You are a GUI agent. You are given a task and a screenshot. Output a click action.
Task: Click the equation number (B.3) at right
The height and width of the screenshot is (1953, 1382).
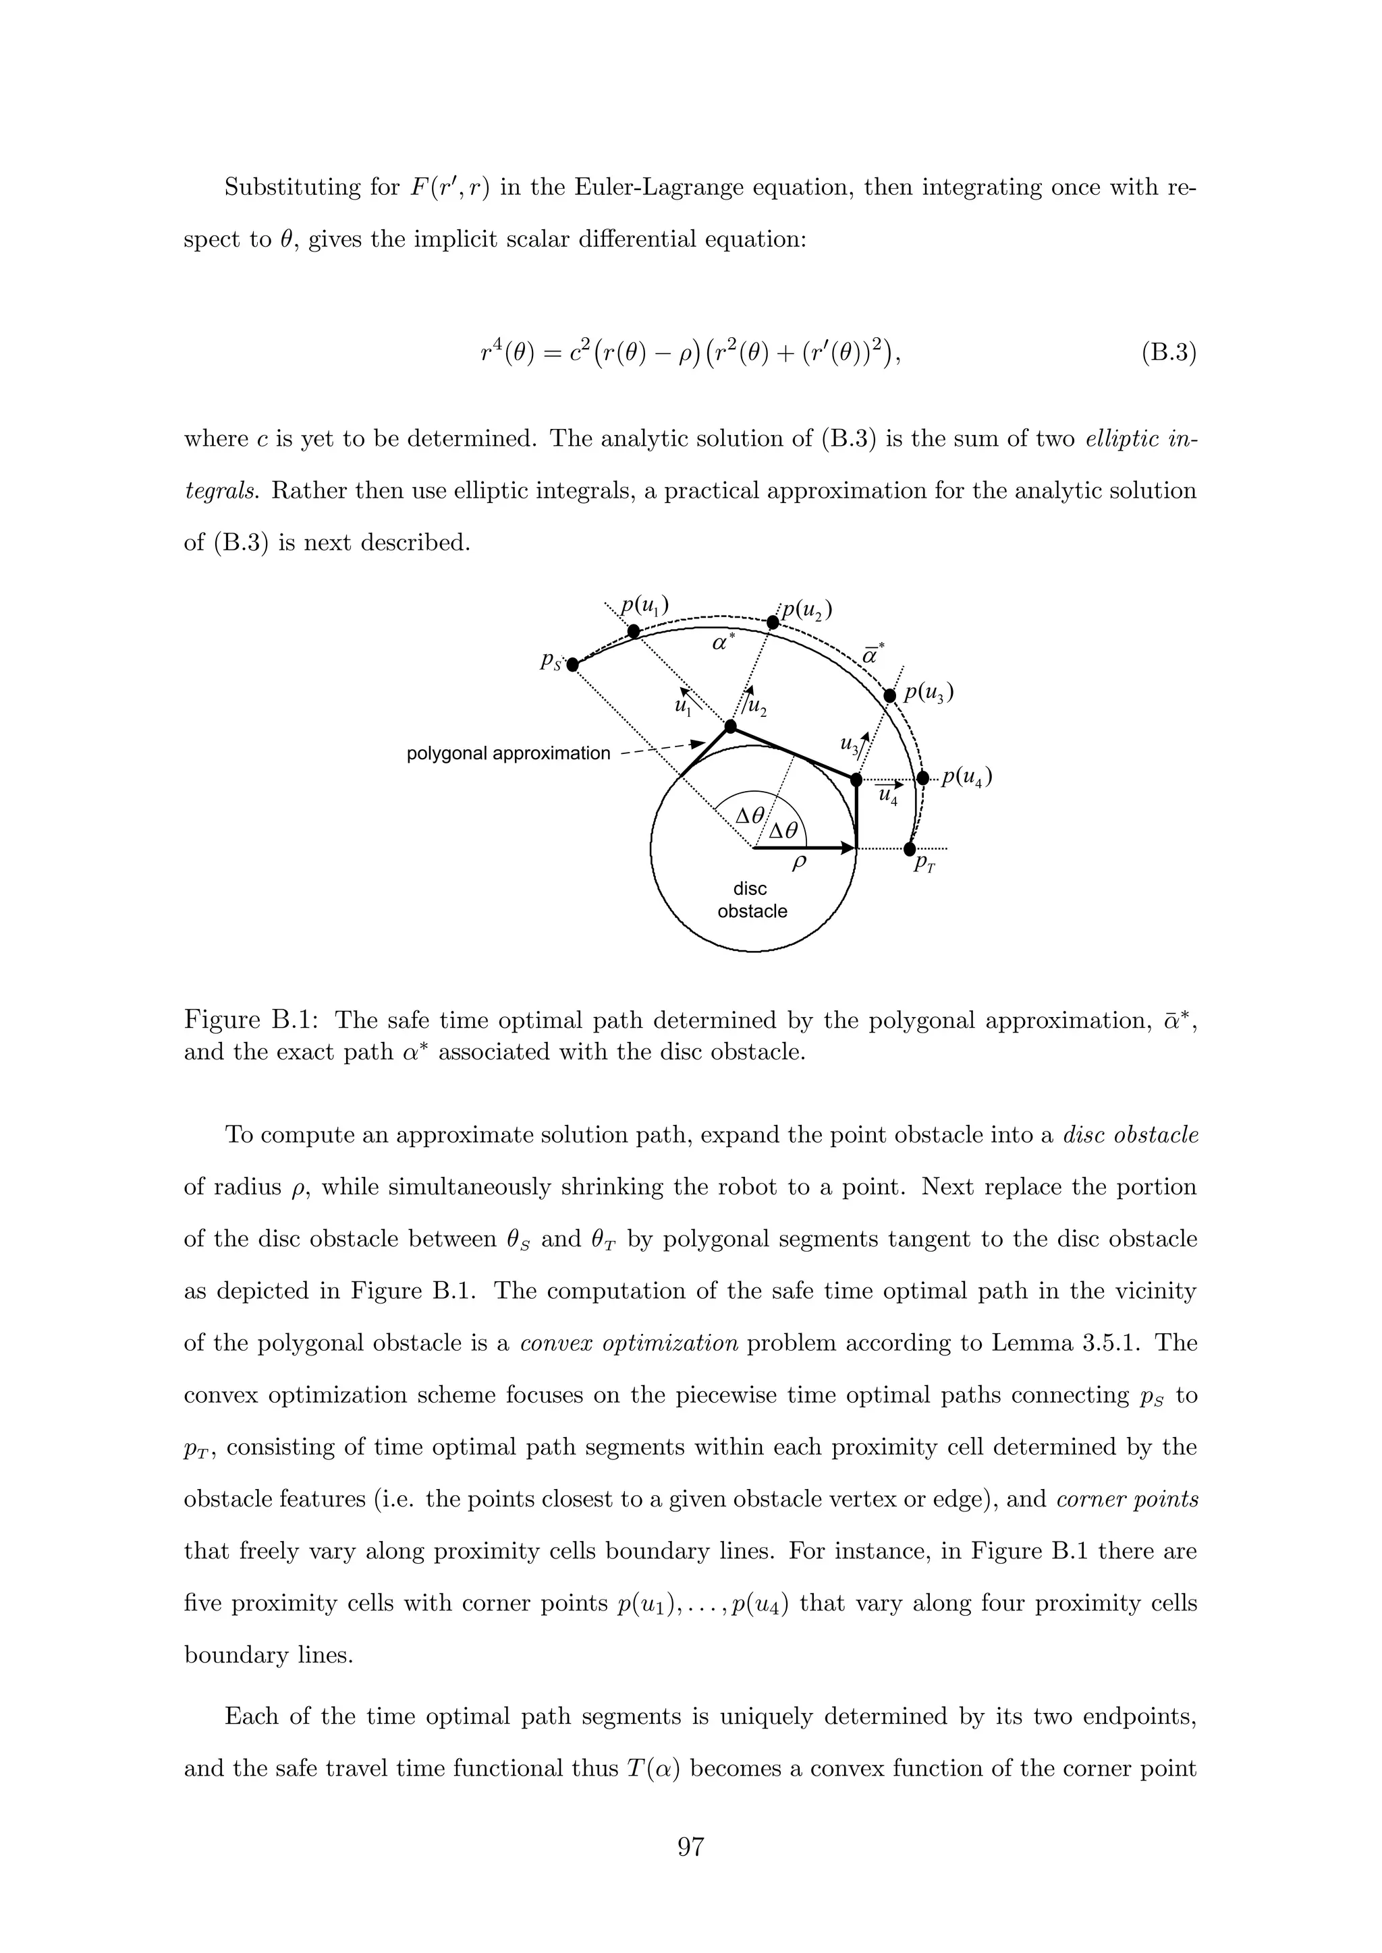1168,353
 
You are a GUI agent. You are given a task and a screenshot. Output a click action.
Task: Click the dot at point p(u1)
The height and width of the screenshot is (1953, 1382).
633,631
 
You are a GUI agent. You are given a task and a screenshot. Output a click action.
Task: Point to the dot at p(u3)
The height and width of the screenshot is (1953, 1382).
890,696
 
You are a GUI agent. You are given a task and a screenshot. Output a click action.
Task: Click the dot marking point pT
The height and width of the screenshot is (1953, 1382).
909,849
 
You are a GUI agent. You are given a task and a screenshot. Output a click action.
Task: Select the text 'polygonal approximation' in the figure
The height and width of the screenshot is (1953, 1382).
508,754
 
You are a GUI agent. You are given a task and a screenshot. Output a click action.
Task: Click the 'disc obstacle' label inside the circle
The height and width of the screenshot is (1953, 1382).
752,900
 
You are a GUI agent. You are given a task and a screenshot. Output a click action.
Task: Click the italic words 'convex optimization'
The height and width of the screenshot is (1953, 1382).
629,1343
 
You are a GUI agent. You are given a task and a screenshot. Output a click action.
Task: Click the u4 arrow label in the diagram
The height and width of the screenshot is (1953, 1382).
887,795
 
